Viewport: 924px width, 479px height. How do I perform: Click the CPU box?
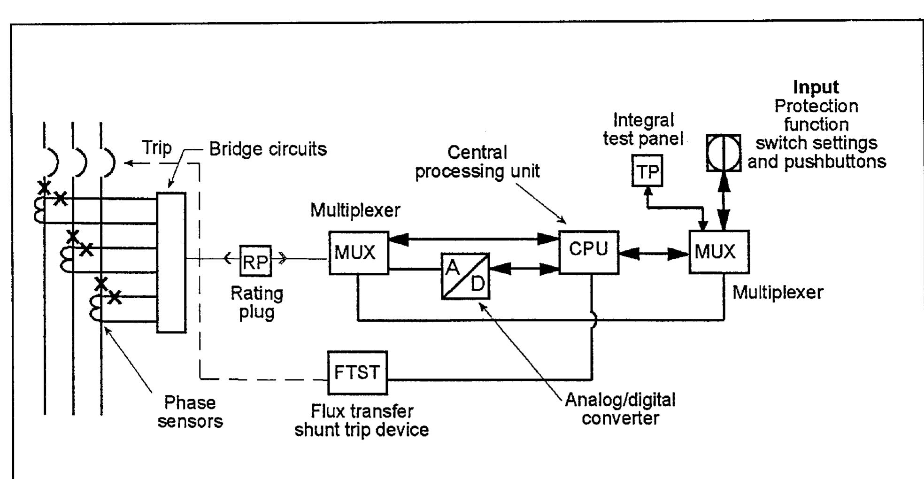pos(588,252)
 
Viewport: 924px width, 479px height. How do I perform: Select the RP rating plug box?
pos(255,261)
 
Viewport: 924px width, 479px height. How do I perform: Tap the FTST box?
pos(357,372)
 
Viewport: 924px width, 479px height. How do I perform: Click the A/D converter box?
pos(465,276)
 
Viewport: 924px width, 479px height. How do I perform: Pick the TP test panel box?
pos(647,171)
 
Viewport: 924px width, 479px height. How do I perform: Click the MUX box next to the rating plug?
pos(358,253)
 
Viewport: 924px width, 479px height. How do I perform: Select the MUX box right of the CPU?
pos(718,252)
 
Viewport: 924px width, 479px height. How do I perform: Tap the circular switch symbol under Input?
pos(724,153)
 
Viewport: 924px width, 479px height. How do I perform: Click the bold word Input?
pos(816,87)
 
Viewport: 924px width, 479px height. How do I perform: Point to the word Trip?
pos(157,147)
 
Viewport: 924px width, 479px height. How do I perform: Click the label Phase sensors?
pos(190,412)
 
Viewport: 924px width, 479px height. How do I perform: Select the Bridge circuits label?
pos(268,149)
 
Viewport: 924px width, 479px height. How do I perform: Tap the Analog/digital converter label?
pos(620,409)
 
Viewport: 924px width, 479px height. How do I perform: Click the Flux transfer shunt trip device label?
pos(362,420)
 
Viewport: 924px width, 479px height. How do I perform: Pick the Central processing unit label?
pos(477,162)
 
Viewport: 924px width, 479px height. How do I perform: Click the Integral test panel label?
pos(643,129)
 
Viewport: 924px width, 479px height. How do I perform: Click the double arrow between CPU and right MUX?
pos(654,254)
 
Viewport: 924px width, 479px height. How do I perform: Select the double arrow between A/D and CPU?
pos(524,269)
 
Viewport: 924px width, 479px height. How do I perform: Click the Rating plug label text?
pos(257,303)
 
